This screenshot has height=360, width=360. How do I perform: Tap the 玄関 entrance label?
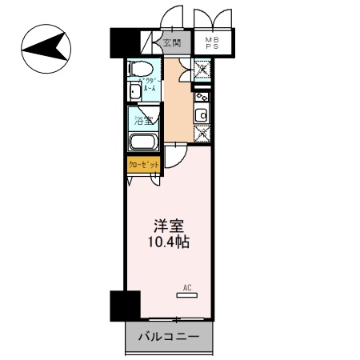[172, 44]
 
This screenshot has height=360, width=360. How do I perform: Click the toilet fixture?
[142, 70]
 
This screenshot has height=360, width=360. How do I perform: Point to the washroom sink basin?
[134, 91]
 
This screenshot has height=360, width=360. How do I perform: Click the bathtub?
[144, 144]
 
